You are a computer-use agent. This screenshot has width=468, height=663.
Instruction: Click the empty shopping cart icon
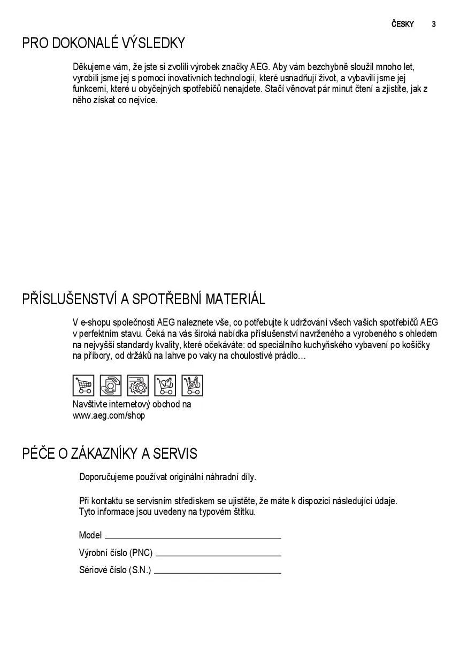83,385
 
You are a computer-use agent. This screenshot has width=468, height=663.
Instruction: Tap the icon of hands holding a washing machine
111,385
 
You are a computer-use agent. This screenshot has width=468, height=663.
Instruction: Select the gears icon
138,385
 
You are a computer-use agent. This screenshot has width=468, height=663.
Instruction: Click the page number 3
434,24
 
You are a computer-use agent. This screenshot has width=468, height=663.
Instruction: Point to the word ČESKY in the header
402,24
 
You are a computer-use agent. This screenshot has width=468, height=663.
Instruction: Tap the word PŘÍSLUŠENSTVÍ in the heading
71,299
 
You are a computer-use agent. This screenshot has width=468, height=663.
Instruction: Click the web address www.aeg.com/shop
109,415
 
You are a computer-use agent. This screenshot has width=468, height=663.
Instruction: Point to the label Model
90,535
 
